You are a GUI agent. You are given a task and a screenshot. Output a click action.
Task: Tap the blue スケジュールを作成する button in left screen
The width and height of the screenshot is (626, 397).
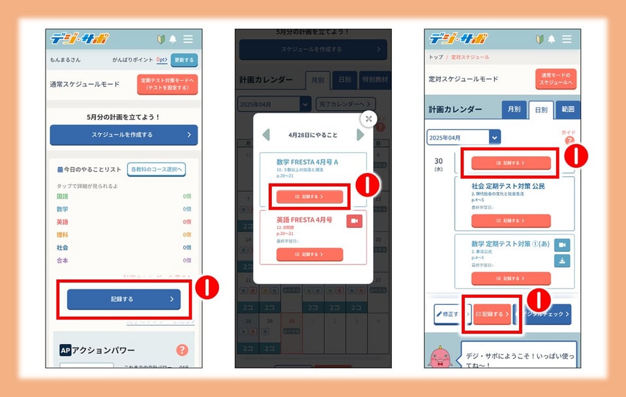coord(123,135)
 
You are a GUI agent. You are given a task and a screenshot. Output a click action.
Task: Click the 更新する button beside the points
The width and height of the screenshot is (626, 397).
coord(184,60)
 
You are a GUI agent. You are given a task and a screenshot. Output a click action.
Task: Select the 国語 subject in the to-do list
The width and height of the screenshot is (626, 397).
coord(63,197)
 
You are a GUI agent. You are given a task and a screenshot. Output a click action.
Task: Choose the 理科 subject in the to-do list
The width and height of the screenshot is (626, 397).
coord(63,235)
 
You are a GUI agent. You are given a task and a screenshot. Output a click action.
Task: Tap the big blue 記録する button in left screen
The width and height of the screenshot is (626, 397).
coord(123,299)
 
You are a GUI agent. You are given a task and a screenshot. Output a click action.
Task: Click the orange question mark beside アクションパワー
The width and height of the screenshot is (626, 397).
coord(182,350)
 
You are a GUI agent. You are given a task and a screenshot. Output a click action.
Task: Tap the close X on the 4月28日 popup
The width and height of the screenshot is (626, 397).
coord(368,118)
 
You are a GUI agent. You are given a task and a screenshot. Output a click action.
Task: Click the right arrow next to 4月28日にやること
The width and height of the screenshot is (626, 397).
coord(360,135)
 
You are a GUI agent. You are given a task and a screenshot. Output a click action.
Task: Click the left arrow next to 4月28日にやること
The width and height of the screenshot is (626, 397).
coord(266,135)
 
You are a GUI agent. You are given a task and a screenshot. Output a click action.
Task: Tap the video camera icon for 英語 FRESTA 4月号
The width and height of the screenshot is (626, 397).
coord(354,221)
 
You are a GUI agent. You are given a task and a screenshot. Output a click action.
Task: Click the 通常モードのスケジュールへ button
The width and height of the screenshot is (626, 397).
coord(556,79)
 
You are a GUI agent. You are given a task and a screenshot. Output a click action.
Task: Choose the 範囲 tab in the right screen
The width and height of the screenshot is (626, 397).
coord(567,110)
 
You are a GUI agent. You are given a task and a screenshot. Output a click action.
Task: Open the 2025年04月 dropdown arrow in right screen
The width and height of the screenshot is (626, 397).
coord(495,138)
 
